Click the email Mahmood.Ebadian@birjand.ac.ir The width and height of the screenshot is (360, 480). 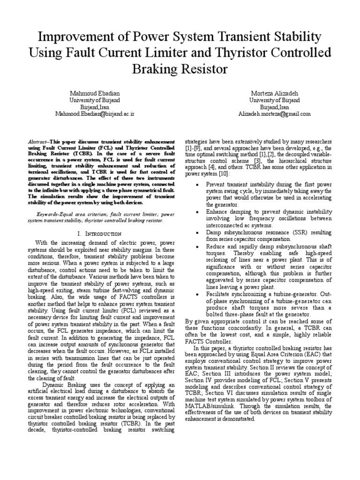[95, 113]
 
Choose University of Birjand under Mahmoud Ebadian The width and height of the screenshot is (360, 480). [95, 100]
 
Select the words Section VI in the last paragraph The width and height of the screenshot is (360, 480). [223, 393]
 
